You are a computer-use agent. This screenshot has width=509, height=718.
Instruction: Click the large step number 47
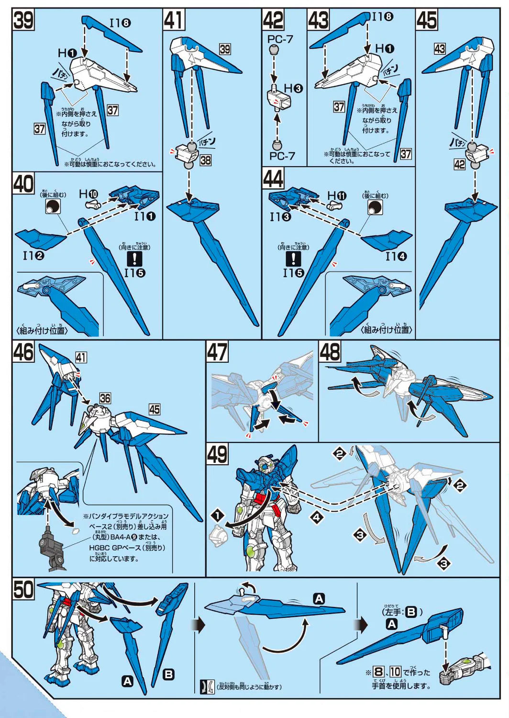coord(217,353)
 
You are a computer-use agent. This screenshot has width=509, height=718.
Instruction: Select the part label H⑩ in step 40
coord(89,194)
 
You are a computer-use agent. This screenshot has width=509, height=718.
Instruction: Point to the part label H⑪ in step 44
coord(337,196)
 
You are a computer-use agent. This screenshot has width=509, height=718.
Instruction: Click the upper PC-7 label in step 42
coord(280,39)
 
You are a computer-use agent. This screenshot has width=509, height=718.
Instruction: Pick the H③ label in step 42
coord(293,89)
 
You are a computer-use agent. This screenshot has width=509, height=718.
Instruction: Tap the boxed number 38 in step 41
coord(206,160)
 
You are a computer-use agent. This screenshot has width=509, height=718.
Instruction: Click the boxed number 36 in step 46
coord(105,398)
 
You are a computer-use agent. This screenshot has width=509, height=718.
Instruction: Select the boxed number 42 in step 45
coord(460,165)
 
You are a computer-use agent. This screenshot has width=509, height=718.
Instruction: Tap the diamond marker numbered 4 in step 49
coord(317,517)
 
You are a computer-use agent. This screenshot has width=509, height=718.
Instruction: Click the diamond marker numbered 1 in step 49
coord(217,516)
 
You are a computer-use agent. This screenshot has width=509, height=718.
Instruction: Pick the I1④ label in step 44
coord(396,257)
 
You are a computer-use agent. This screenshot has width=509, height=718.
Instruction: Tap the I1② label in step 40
coord(33,256)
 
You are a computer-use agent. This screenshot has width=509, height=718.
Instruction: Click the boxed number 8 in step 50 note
coord(379,672)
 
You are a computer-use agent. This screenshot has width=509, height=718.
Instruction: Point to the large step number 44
coord(273,179)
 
